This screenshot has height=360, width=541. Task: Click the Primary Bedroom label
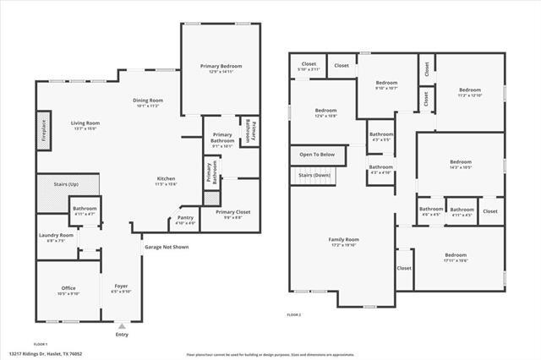(221, 66)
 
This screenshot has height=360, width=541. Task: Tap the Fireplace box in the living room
(43, 132)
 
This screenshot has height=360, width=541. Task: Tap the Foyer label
(121, 286)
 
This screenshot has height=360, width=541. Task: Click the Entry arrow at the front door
(122, 325)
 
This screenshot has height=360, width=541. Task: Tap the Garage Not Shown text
(167, 248)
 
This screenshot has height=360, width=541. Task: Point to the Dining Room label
(148, 101)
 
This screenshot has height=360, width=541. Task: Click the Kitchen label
(166, 178)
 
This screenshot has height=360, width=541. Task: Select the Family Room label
(344, 240)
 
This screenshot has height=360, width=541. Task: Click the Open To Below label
(317, 155)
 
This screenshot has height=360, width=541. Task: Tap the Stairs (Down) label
(314, 176)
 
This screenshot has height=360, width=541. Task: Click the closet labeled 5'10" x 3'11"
(309, 65)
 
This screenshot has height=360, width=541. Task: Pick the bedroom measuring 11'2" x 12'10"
(470, 90)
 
